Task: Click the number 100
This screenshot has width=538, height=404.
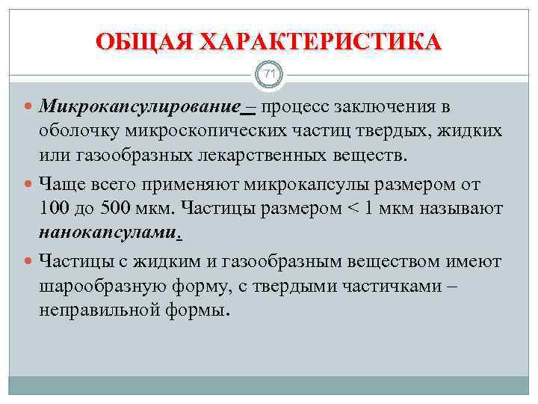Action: [55, 209]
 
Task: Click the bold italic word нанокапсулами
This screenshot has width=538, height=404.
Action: [108, 233]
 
